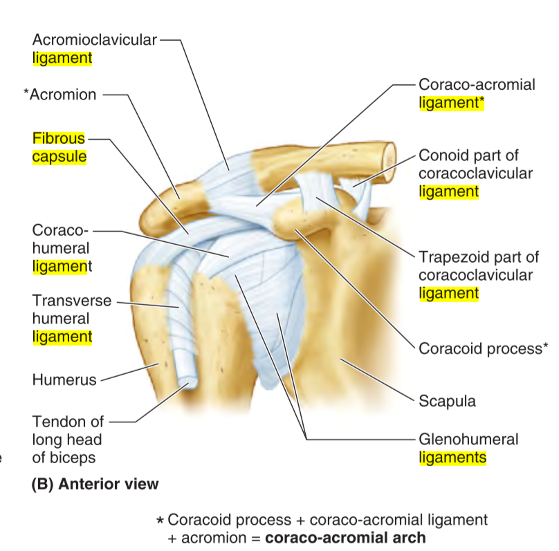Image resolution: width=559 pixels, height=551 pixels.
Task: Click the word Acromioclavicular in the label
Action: click(x=94, y=40)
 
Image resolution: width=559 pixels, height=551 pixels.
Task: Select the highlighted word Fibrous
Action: click(x=59, y=138)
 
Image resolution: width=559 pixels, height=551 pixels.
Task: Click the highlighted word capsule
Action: click(x=59, y=156)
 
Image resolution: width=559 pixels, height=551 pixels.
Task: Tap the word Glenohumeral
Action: click(x=468, y=439)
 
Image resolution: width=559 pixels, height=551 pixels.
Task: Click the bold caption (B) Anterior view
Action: click(x=95, y=484)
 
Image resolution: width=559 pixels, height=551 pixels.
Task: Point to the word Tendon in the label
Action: click(x=57, y=421)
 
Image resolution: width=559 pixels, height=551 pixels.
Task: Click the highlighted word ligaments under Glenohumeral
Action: click(x=452, y=457)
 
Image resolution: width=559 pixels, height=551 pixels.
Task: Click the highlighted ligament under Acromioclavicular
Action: click(x=62, y=58)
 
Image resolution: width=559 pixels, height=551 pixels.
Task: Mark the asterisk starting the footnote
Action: click(x=161, y=519)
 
